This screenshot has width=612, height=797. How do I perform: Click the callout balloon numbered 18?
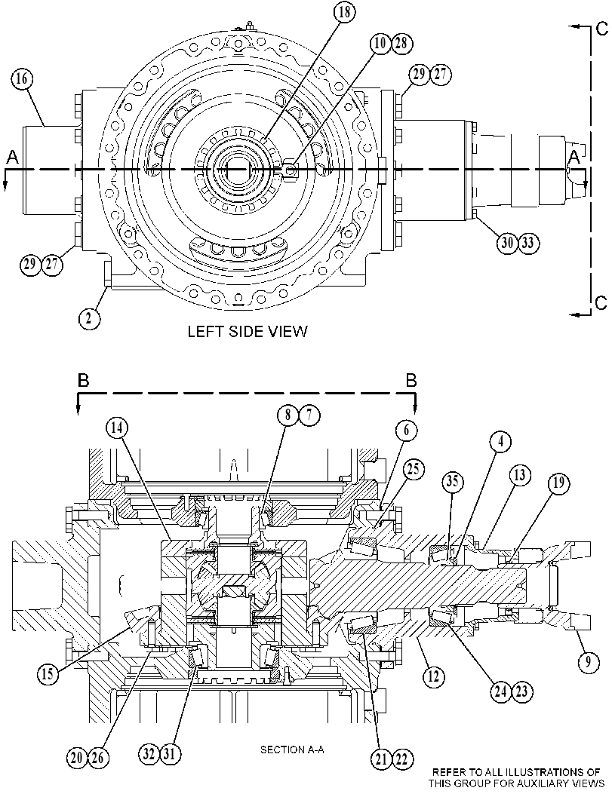[344, 12]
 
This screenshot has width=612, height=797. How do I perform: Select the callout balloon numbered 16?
[21, 78]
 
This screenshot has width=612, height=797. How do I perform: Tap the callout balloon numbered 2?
[89, 319]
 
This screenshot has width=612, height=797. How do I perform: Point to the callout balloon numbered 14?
[117, 428]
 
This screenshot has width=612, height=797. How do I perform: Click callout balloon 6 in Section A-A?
[407, 431]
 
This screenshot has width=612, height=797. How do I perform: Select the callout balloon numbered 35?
[452, 481]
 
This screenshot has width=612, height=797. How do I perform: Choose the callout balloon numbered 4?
[500, 442]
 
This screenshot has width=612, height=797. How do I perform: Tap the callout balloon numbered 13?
[519, 476]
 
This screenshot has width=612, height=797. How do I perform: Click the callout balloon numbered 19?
[558, 483]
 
